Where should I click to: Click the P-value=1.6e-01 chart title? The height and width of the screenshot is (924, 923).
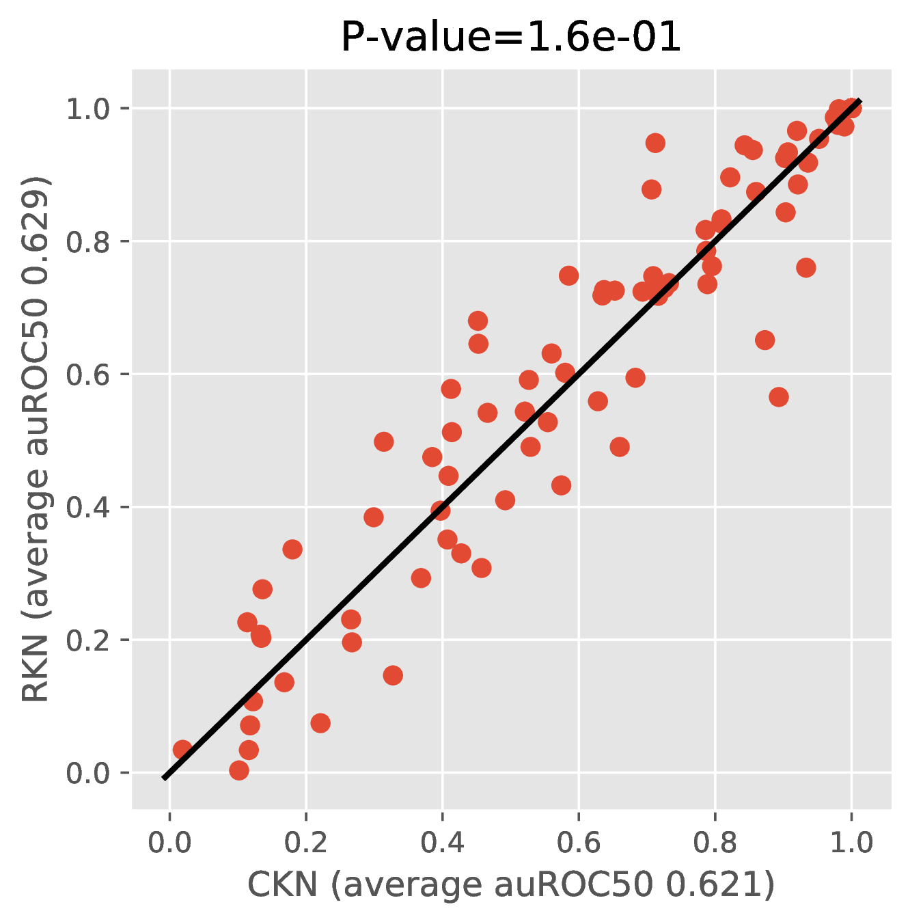511,38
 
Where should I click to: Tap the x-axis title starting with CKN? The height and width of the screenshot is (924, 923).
511,884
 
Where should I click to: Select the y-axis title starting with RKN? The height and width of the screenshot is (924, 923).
35,439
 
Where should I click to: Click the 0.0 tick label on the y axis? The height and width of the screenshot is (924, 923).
87,774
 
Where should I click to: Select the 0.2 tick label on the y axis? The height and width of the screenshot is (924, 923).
87,640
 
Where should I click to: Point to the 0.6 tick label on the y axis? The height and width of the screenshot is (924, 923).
87,375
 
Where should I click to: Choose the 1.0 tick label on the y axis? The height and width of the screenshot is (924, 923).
87,109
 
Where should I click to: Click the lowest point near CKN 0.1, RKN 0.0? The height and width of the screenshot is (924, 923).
239,770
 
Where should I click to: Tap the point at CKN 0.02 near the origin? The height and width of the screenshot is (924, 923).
182,750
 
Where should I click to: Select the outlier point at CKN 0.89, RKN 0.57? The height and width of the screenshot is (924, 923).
779,397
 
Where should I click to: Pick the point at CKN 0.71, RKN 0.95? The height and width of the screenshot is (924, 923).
655,143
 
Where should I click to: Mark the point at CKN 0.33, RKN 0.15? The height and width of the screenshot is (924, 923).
393,676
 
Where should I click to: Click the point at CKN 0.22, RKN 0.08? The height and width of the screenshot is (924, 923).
320,722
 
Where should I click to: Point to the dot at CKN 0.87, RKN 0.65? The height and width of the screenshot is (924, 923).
764,340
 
